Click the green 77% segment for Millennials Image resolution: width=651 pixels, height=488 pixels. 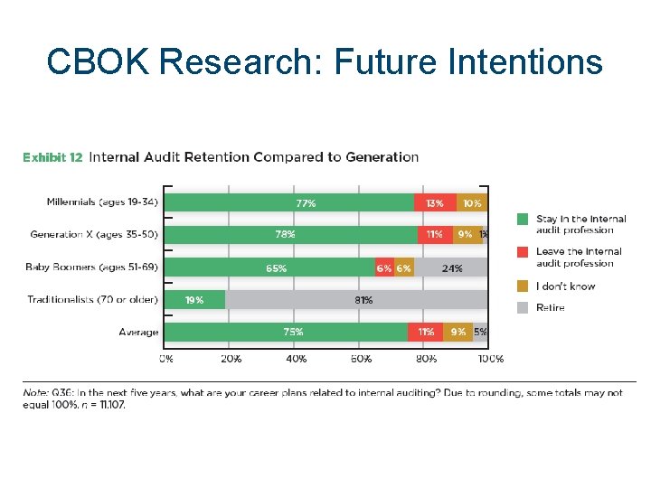click(x=290, y=203)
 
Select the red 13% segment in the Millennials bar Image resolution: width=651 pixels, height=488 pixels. click(x=435, y=203)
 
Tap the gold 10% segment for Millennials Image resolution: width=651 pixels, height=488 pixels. click(x=472, y=203)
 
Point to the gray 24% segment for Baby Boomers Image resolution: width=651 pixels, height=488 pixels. click(x=451, y=267)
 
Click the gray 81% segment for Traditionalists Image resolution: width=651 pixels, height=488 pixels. click(x=356, y=300)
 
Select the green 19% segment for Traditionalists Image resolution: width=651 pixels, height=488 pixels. click(x=195, y=300)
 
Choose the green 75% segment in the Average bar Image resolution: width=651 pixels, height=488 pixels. click(x=287, y=332)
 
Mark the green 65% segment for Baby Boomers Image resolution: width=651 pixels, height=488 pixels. click(x=271, y=267)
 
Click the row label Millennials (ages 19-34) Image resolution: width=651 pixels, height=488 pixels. click(x=102, y=202)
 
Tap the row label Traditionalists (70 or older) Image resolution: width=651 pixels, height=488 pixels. click(x=92, y=299)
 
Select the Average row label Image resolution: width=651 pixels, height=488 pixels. click(x=138, y=332)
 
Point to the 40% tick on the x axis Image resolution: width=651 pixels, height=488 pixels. click(x=296, y=359)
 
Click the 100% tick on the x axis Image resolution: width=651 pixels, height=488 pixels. click(x=490, y=359)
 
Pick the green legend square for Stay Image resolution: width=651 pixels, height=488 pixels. click(x=523, y=220)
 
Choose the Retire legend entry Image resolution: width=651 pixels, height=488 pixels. click(x=550, y=307)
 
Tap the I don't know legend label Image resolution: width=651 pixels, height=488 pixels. click(x=565, y=286)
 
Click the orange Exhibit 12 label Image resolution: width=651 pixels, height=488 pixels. click(x=52, y=157)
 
